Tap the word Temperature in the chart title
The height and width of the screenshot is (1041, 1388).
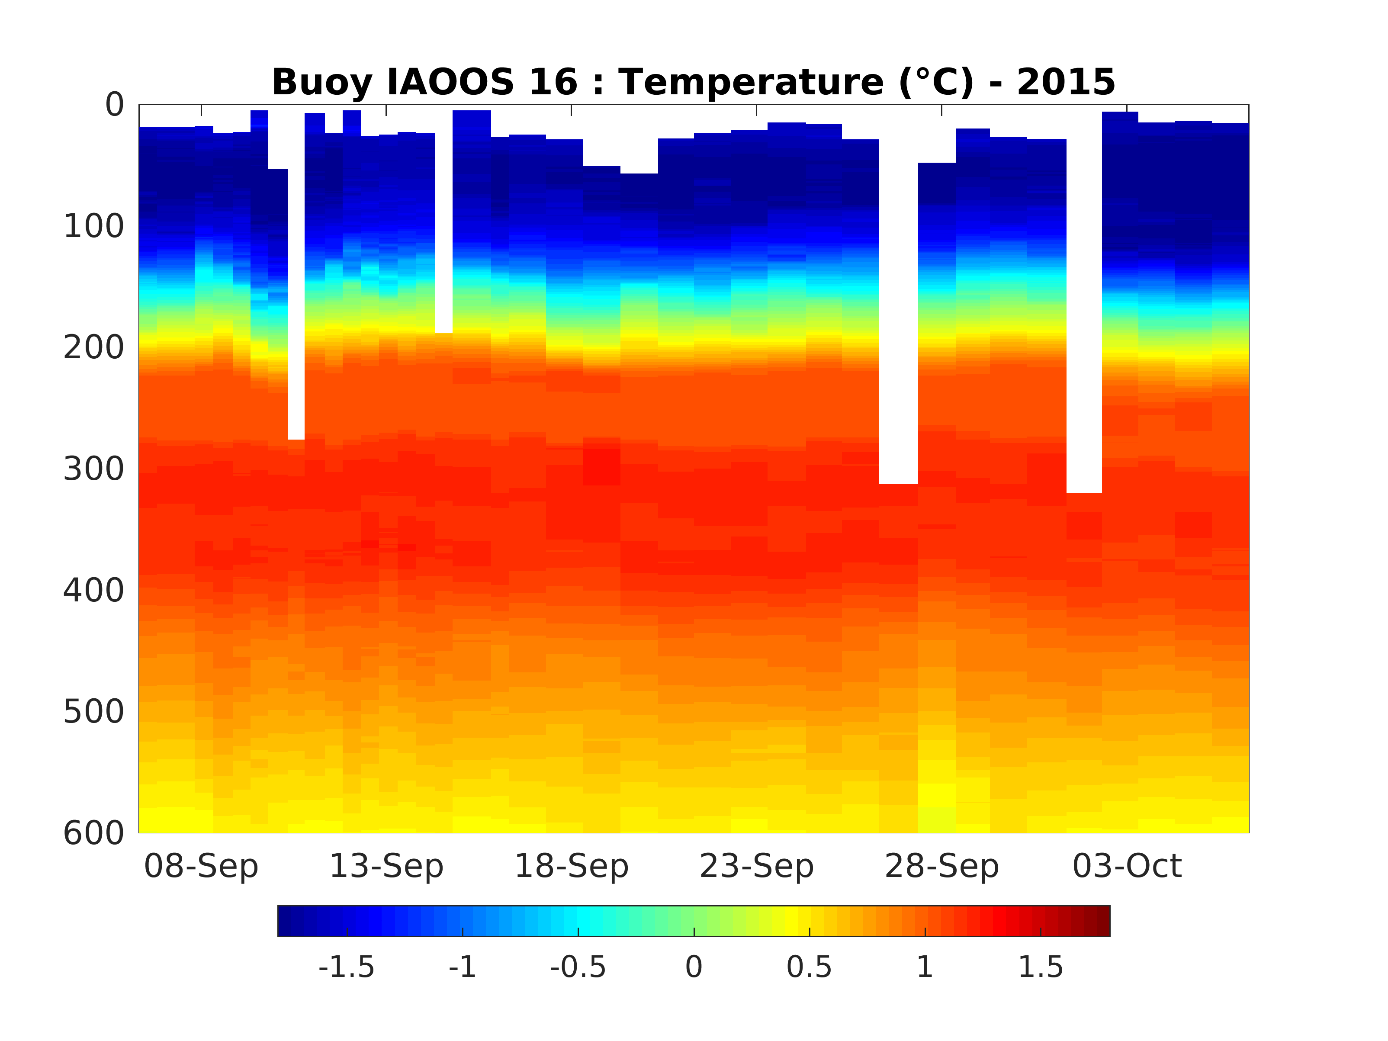(751, 82)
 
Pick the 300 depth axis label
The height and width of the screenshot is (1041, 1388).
(94, 469)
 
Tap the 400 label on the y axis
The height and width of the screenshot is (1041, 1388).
(94, 591)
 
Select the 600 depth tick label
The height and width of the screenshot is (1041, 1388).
(94, 833)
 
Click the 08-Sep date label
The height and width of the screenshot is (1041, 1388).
(202, 867)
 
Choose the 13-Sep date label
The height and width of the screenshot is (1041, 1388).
(386, 867)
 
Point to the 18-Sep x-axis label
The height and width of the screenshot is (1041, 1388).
(572, 867)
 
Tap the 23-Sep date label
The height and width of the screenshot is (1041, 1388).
(757, 867)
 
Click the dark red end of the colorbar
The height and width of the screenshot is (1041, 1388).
(1103, 921)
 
